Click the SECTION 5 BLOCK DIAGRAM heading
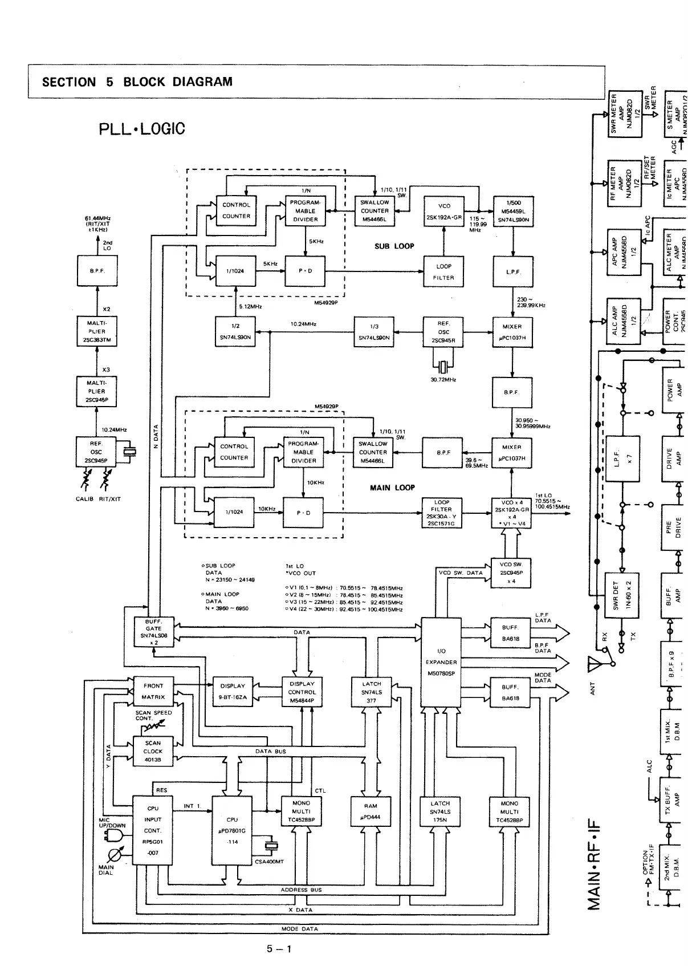coord(137,82)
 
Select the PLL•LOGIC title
coord(142,129)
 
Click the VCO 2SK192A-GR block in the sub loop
coord(443,212)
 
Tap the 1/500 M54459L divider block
coord(513,211)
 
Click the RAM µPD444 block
coord(371,811)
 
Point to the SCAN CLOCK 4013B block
coord(153,751)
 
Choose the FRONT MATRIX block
coord(153,691)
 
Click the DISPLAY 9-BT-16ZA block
coord(232,691)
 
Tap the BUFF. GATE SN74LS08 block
coord(153,632)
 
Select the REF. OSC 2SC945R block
coord(443,332)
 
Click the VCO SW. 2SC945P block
coord(511,573)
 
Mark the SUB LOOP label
coord(394,246)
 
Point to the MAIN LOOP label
coord(392,488)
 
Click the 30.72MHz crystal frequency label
coord(443,379)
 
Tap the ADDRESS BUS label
coord(301,890)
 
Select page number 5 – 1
coord(279,949)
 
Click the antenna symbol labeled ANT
coord(596,665)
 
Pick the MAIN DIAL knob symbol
coord(115,855)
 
